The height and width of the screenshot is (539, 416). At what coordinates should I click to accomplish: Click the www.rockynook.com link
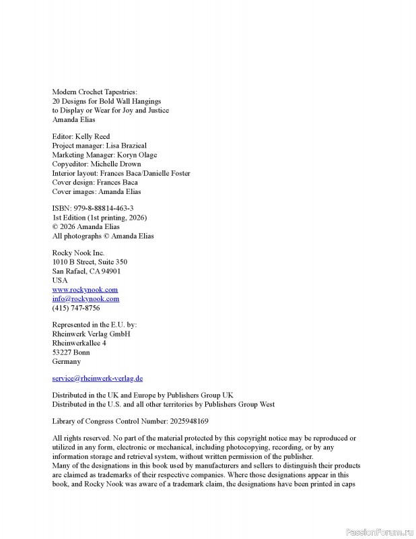[x=85, y=290]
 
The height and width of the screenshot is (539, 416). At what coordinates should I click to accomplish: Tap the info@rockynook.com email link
[x=85, y=298]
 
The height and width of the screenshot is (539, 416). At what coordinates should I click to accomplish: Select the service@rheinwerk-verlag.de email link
[x=98, y=379]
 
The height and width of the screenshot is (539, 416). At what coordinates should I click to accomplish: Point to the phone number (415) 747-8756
[x=76, y=308]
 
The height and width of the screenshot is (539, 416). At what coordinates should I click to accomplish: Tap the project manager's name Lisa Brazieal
[x=126, y=146]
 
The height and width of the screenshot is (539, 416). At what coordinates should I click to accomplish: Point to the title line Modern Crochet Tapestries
[x=94, y=92]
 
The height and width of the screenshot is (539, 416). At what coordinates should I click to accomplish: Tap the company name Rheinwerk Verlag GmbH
[x=91, y=334]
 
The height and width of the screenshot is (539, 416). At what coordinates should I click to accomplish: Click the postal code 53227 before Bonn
[x=62, y=352]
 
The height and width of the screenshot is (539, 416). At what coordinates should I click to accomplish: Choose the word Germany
[x=66, y=362]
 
